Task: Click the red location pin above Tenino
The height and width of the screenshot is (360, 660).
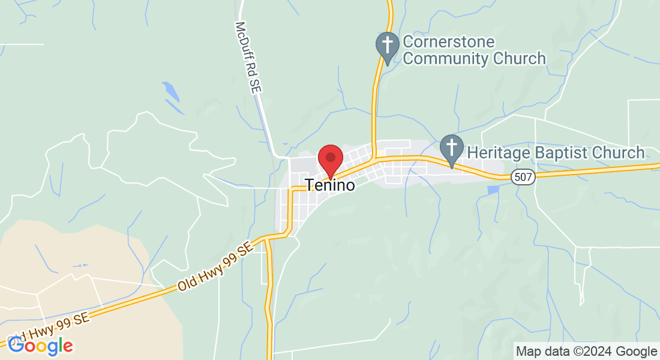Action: click(330, 159)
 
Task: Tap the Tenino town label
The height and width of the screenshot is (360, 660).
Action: click(330, 185)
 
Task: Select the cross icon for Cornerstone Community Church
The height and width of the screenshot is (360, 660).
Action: click(388, 46)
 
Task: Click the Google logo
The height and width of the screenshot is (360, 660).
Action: click(40, 346)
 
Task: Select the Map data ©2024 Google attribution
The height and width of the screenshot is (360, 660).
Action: click(587, 352)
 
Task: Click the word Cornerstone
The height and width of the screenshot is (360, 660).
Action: click(449, 42)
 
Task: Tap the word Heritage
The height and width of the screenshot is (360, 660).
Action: click(497, 153)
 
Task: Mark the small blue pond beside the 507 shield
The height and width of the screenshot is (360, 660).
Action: click(493, 190)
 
